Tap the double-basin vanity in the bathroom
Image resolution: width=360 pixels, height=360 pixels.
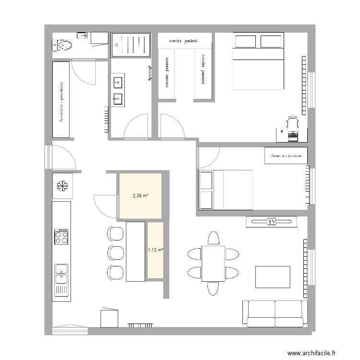click(118, 90)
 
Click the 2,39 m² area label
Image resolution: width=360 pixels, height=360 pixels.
click(140, 195)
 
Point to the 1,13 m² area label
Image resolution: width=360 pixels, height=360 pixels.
click(156, 250)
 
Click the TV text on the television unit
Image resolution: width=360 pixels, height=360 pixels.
click(272, 222)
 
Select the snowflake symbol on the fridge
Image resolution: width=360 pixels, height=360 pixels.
click(62, 185)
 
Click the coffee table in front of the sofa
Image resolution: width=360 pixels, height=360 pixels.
click(273, 277)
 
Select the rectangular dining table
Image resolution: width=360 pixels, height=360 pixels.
click(213, 263)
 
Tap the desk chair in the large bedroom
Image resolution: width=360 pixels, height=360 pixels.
click(292, 121)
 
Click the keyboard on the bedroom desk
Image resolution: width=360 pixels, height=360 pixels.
click(292, 136)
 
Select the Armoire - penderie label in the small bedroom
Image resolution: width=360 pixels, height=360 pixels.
click(286, 156)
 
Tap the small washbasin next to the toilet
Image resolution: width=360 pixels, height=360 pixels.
click(82, 35)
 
